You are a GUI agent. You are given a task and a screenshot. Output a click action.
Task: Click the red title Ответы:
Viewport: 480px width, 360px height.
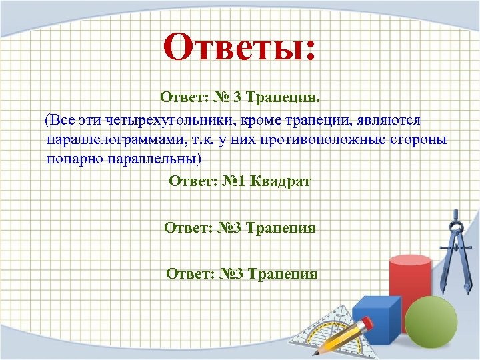click(x=241, y=48)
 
